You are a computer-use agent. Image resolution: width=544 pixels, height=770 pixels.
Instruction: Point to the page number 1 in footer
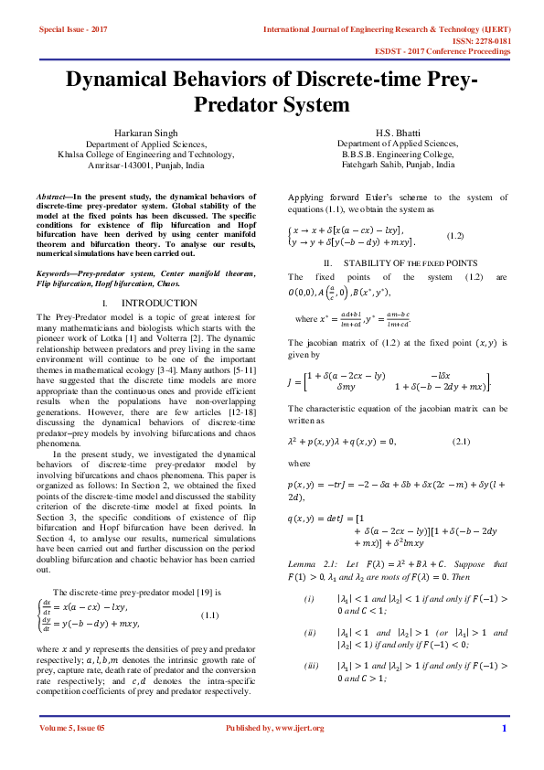[504, 728]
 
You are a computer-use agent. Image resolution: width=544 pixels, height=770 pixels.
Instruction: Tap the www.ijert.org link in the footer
[300, 728]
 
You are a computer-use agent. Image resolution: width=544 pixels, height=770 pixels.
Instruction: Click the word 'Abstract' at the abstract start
[51, 197]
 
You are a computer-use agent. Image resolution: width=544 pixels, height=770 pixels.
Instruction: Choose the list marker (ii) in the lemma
[311, 606]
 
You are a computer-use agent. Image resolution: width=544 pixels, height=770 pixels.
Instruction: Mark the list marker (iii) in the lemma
[311, 640]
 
